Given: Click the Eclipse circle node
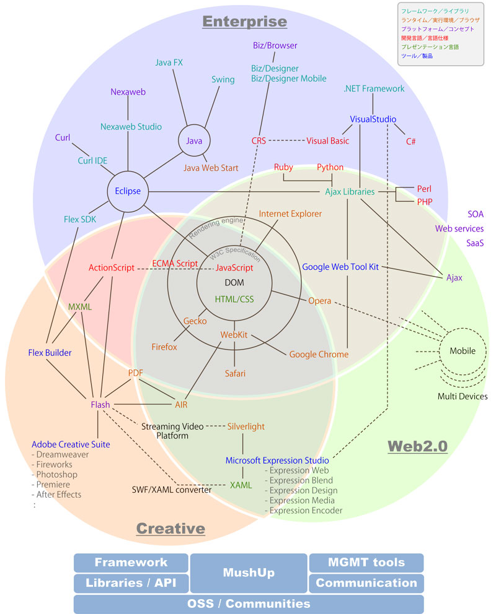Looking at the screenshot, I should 128,191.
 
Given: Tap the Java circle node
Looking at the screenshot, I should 194,141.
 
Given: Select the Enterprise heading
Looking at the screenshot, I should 245,22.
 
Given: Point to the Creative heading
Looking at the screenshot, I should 170,528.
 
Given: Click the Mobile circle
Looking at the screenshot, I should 463,351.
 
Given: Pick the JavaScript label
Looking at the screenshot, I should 234,268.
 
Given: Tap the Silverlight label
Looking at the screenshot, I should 246,426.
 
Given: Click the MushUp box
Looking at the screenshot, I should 249,573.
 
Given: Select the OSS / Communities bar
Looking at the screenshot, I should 249,603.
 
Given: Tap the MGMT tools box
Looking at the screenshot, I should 366,563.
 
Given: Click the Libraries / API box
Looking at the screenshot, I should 131,583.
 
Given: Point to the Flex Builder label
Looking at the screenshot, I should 50,353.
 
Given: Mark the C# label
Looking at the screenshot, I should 410,141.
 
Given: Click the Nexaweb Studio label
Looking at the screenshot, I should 131,127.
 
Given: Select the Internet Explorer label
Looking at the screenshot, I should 290,214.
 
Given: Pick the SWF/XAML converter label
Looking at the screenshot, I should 172,490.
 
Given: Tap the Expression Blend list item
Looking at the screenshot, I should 301,480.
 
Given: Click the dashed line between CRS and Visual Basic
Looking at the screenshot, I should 286,141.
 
